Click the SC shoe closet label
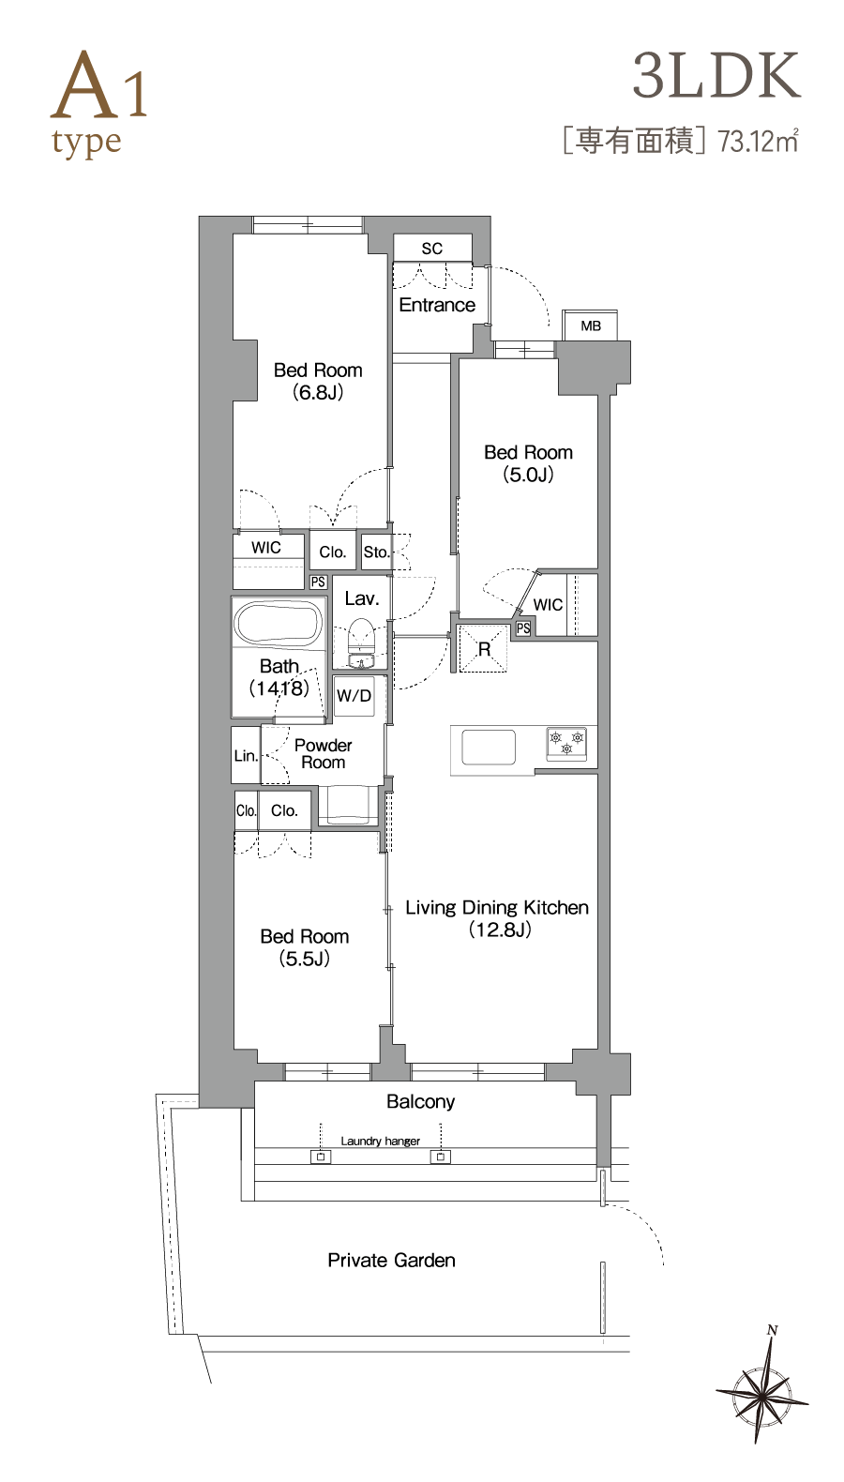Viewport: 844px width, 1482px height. click(x=432, y=249)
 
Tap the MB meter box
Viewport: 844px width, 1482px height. click(x=590, y=325)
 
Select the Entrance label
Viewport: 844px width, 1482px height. click(x=437, y=305)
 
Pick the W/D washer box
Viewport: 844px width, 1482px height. click(x=354, y=696)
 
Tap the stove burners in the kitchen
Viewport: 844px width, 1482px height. click(x=566, y=742)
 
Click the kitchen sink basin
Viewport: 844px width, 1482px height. click(x=489, y=747)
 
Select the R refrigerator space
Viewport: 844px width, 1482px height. click(x=484, y=648)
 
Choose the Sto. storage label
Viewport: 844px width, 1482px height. click(x=376, y=552)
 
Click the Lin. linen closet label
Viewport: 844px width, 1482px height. click(x=246, y=756)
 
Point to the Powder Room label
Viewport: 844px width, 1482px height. click(x=323, y=753)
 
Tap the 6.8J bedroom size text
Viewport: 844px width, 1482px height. click(x=318, y=392)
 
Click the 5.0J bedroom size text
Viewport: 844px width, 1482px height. click(x=528, y=475)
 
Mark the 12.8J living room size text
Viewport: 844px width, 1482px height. click(x=500, y=930)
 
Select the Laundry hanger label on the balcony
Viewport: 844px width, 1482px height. click(x=381, y=1141)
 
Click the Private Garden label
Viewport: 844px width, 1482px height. click(x=392, y=1260)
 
